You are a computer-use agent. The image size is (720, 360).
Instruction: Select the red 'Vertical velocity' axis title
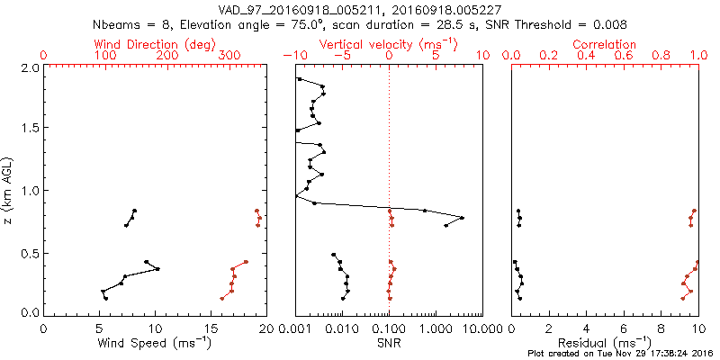click(x=388, y=43)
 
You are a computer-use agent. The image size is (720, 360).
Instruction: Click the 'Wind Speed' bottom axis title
click(x=155, y=344)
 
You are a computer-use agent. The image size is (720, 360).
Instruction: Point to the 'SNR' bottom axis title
click(x=389, y=344)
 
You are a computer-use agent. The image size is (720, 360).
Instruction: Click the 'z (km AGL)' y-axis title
click(x=8, y=190)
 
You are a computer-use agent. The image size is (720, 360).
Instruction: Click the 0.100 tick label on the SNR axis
click(x=389, y=330)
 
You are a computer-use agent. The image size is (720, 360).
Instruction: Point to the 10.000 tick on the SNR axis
click(x=468, y=330)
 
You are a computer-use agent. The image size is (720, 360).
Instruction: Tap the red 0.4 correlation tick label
click(x=587, y=56)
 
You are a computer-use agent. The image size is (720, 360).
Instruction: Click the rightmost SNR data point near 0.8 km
click(x=462, y=218)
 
